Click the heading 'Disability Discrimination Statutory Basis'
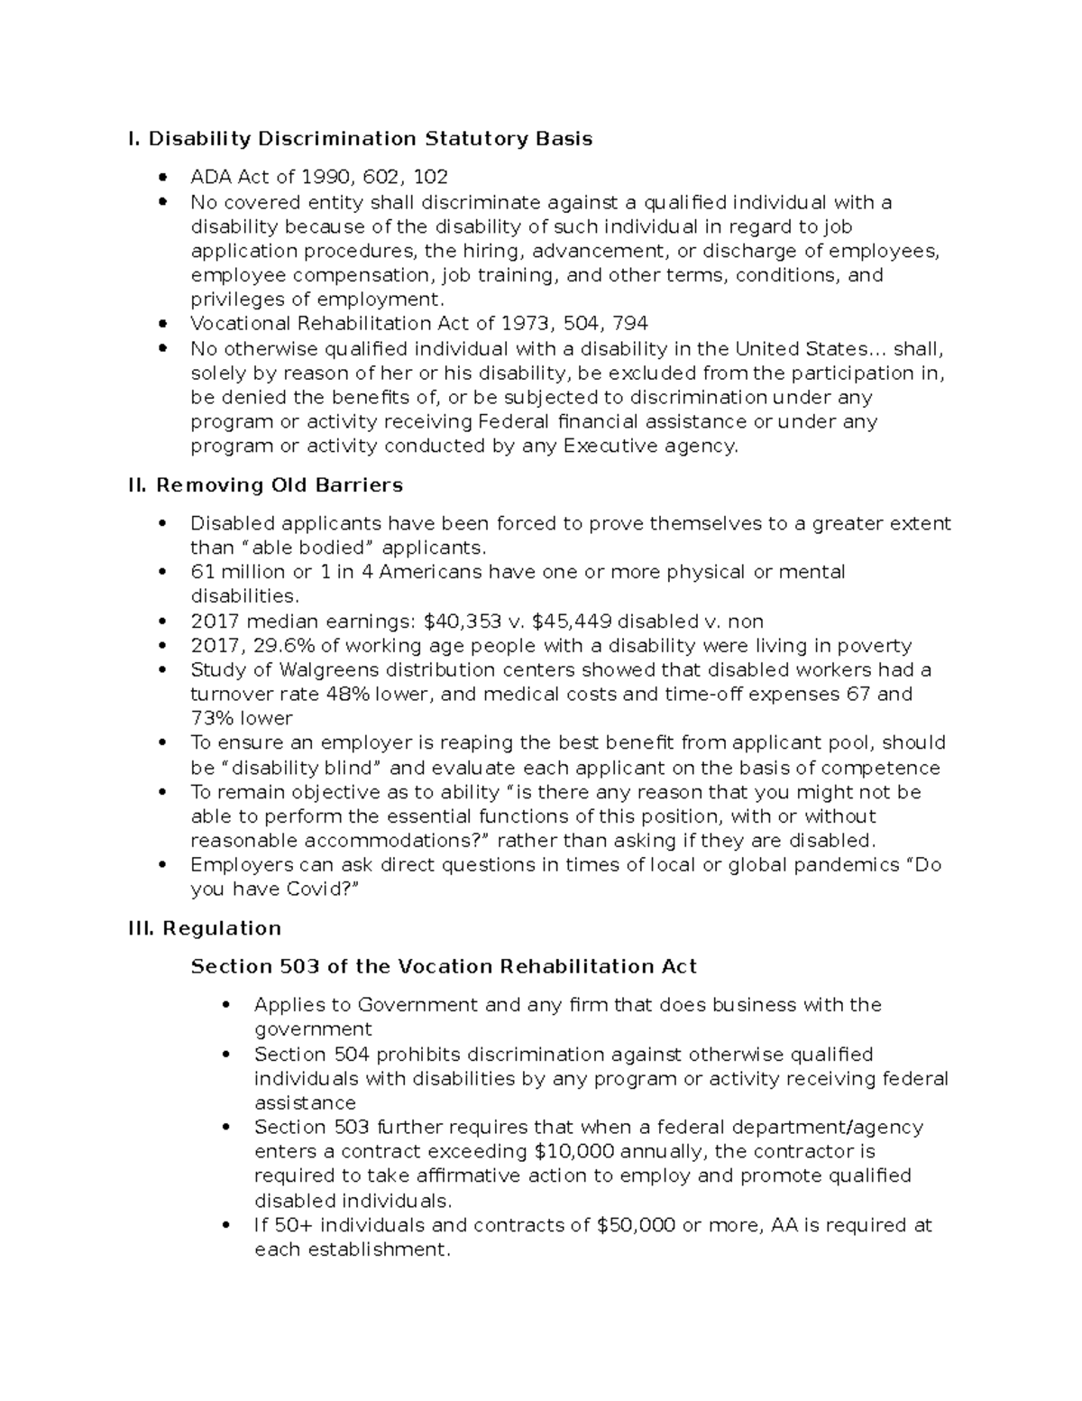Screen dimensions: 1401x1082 point(371,139)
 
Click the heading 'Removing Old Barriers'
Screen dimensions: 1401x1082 point(280,485)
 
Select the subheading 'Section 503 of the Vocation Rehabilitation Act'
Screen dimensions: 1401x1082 point(444,967)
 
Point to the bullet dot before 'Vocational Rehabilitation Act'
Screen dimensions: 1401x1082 point(162,324)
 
